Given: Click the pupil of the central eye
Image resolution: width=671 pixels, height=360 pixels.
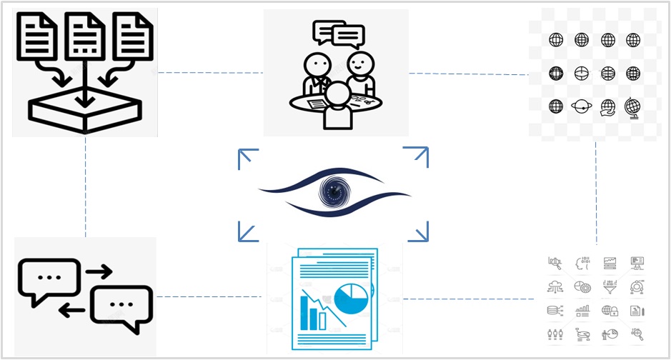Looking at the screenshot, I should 333,191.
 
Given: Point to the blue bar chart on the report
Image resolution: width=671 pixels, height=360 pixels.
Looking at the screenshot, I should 312,313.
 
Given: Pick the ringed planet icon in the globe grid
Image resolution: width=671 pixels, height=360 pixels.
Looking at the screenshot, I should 581,106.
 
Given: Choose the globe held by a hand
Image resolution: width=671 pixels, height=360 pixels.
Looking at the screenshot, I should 607,106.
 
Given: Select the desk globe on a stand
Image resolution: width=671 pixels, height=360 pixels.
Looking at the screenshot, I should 632,106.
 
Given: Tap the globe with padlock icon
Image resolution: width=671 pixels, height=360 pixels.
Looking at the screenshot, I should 610,311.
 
